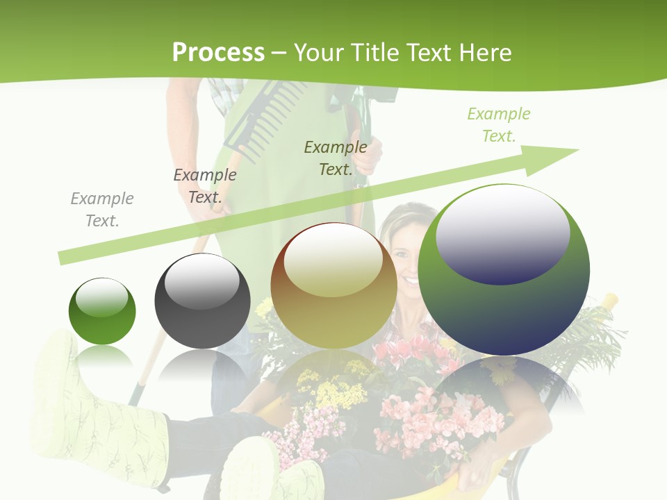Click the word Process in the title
click(x=218, y=53)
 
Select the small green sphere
click(x=102, y=311)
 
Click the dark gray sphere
click(x=202, y=301)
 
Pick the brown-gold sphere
click(x=333, y=286)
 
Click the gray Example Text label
click(x=102, y=210)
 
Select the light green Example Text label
click(x=498, y=125)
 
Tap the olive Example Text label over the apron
click(x=336, y=158)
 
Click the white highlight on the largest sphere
click(x=502, y=229)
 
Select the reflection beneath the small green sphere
click(x=103, y=358)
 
